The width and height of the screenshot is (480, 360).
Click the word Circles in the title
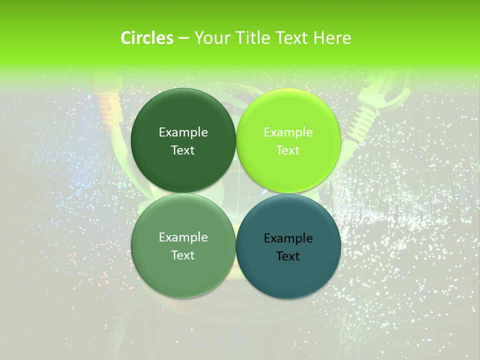147,38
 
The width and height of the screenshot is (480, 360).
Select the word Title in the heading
255,38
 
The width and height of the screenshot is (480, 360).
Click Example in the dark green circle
183,132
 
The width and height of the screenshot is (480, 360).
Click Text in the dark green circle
183,150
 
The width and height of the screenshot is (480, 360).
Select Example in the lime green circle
288,132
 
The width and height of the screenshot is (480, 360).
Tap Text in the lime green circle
288,150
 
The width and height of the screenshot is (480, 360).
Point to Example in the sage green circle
183,237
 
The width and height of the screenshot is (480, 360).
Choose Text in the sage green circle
183,255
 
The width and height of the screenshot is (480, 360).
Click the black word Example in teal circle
288,238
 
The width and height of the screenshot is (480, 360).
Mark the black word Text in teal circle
288,256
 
